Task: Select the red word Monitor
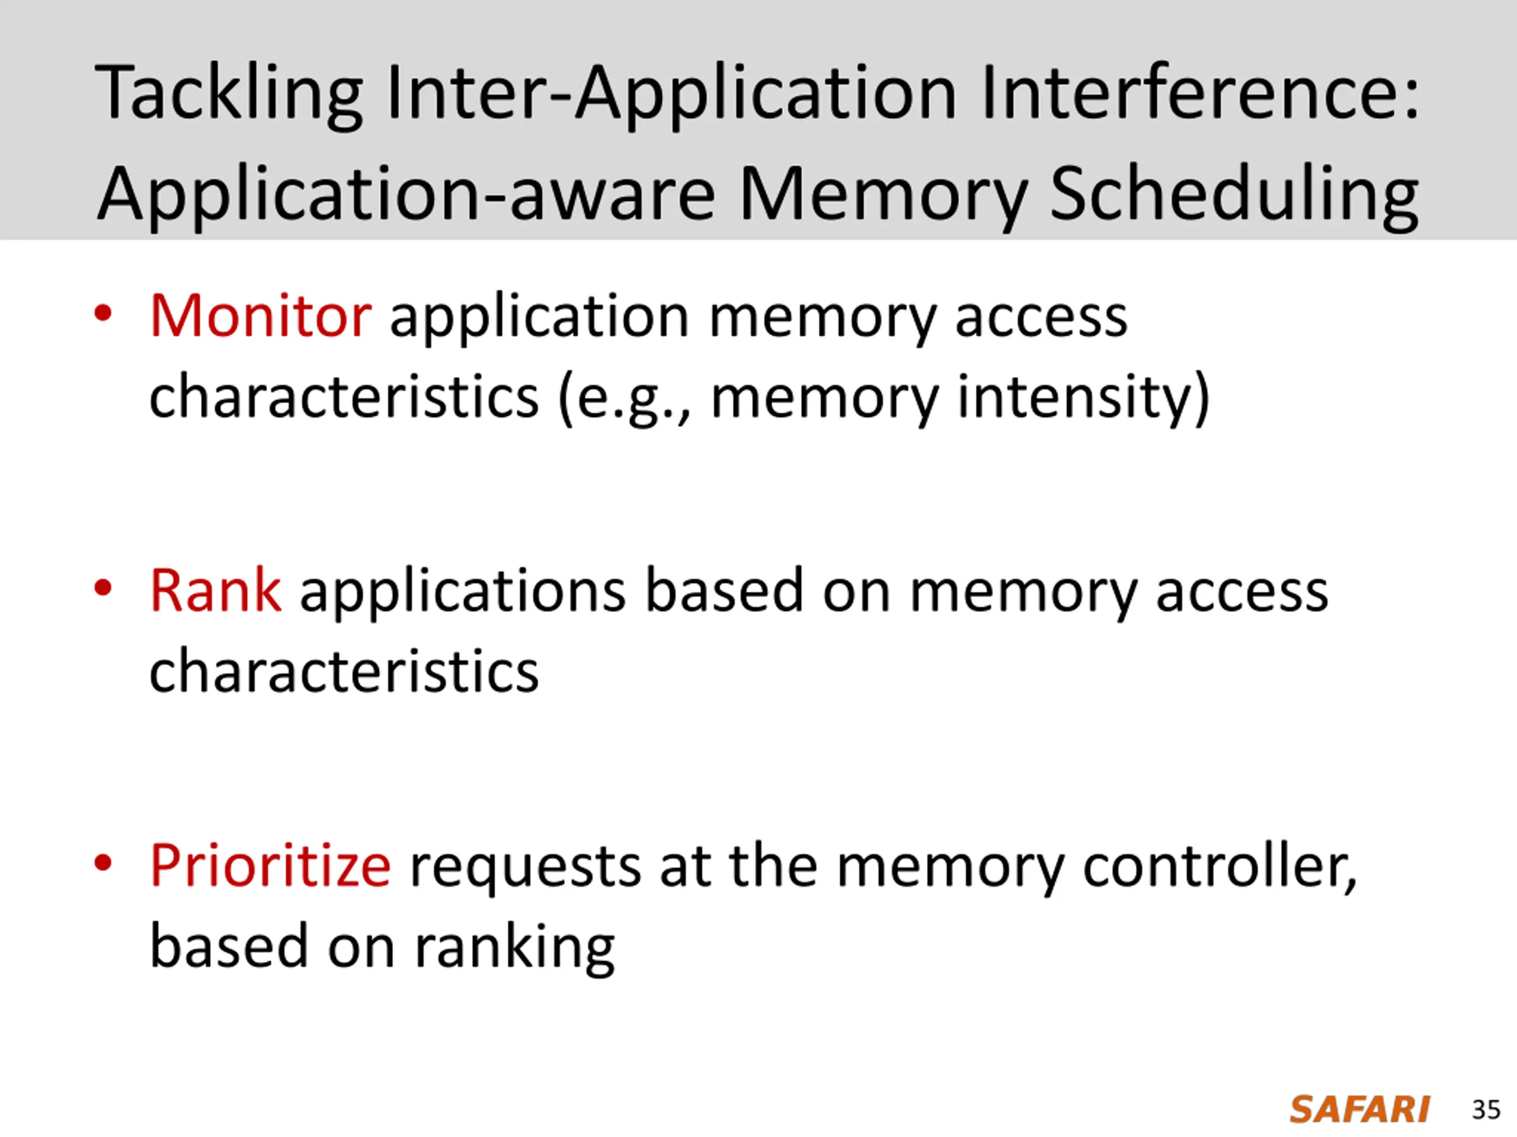pos(261,317)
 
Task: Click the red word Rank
pos(215,591)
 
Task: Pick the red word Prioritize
pos(270,866)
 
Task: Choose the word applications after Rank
pos(462,591)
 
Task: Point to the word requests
pos(526,866)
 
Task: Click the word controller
pos(1219,866)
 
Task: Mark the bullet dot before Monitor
pos(103,314)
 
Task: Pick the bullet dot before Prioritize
pos(103,863)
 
